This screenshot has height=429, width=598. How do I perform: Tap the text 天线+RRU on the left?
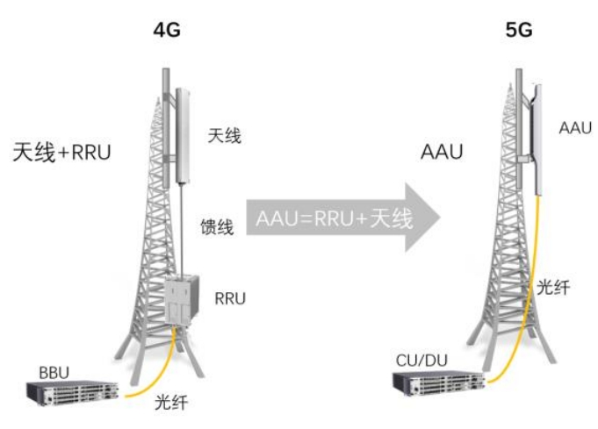point(63,151)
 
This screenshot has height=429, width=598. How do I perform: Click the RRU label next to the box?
point(230,299)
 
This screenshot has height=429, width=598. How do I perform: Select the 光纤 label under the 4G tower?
point(171,404)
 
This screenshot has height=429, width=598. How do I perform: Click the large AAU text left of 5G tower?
point(443,151)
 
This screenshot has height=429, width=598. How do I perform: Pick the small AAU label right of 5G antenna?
point(575,128)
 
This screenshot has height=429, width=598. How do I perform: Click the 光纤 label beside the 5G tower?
point(554,286)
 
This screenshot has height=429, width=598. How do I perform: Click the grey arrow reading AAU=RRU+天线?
point(342,218)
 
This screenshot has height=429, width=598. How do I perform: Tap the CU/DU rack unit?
point(436,383)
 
